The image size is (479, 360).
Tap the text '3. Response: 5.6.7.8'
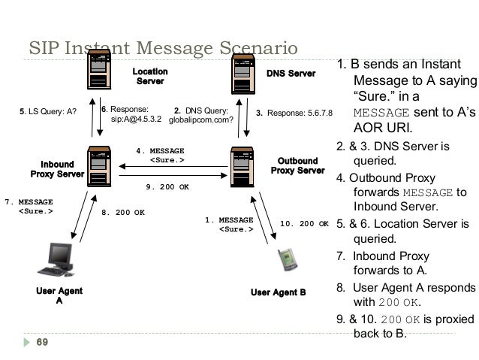294,113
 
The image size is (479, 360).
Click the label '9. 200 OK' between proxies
167,187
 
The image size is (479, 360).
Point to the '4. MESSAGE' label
160,150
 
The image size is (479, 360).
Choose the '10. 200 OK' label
304,223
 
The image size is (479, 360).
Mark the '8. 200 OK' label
123,213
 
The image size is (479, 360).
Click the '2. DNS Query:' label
200,109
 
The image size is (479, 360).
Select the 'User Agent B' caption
278,292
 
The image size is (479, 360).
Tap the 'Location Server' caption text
150,76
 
